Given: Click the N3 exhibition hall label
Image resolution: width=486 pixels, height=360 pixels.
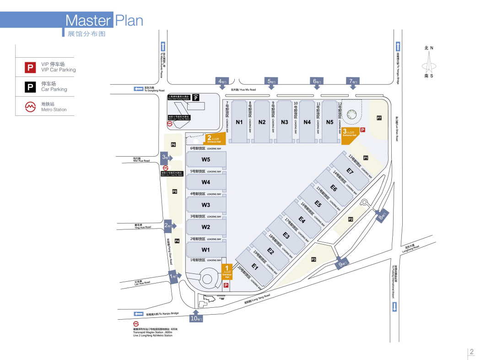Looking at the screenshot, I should click(285, 122).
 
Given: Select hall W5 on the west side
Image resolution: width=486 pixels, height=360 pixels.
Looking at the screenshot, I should click(205, 159).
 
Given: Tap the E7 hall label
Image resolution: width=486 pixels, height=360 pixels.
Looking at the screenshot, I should click(350, 171).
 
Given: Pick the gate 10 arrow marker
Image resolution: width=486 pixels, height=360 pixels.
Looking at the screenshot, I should click(195, 317).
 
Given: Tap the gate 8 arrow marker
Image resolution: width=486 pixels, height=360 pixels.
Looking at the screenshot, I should click(383, 215).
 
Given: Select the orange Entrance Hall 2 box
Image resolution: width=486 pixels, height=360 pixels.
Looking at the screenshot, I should click(214, 139).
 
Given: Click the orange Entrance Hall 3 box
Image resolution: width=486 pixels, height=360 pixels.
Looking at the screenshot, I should click(350, 133).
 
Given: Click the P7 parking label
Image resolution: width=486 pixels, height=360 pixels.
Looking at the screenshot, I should click(379, 118).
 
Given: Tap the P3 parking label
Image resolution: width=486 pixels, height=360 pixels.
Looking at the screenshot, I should click(313, 260).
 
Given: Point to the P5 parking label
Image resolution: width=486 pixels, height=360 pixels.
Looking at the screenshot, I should click(174, 191).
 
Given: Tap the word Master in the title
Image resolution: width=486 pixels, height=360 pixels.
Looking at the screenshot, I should click(88, 21).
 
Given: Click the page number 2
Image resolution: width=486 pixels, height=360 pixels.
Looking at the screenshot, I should click(472, 352).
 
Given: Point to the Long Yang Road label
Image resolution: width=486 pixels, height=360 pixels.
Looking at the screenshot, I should click(257, 299).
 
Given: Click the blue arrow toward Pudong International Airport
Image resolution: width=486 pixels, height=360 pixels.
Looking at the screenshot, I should click(394, 306).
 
